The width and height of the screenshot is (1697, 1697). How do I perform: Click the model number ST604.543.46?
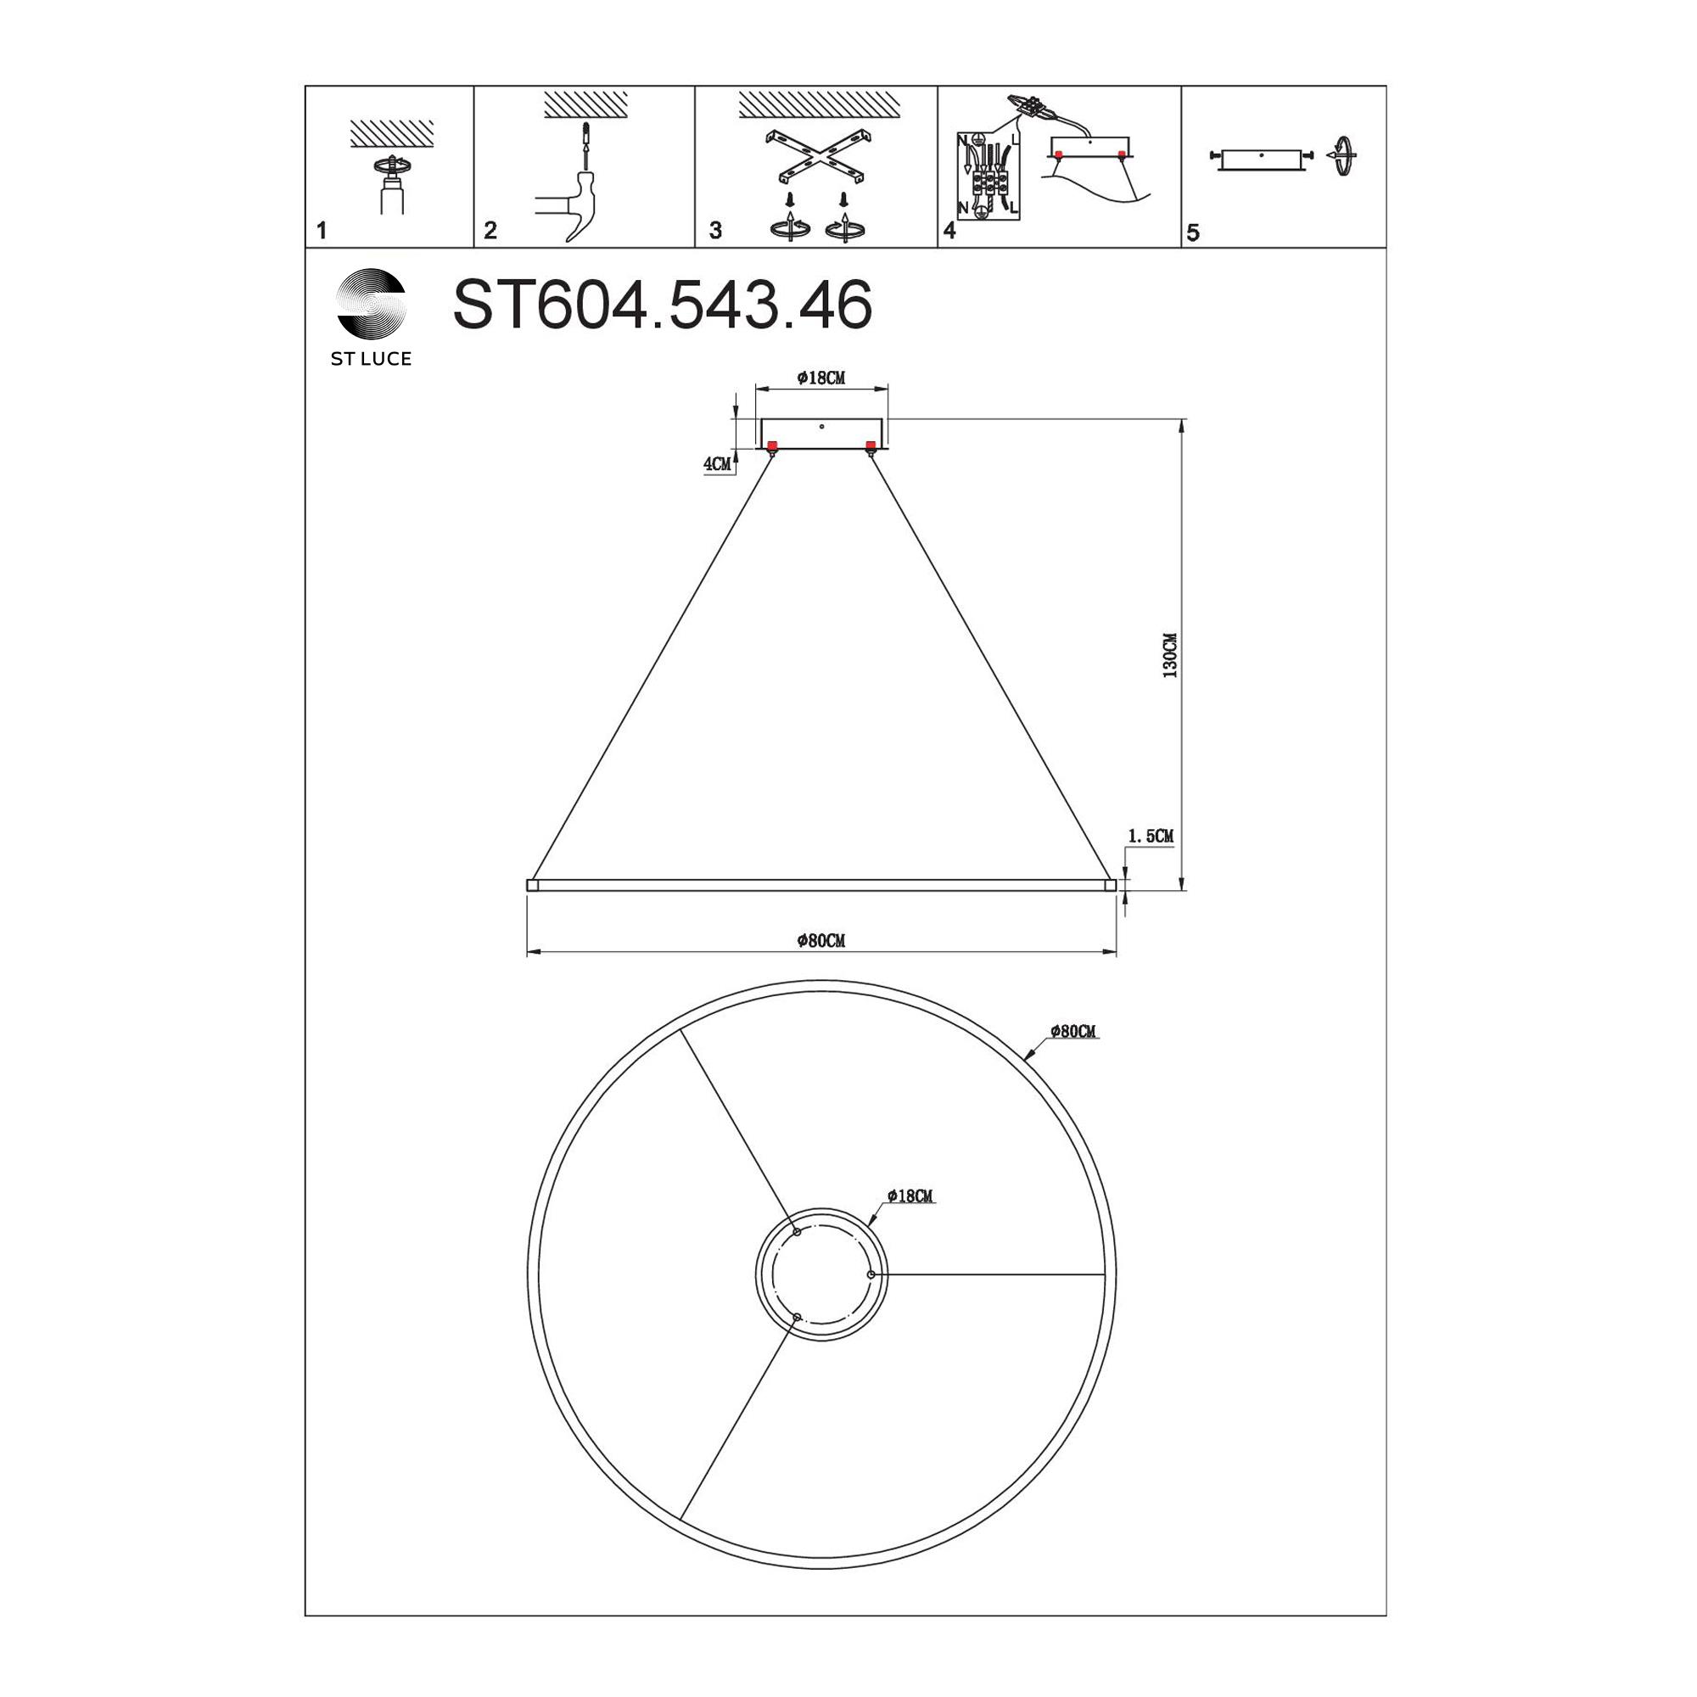[662, 305]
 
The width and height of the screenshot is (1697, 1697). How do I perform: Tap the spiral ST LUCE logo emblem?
[372, 303]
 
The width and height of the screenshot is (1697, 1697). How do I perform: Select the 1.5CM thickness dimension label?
[1150, 837]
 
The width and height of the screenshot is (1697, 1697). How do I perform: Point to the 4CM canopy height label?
[717, 465]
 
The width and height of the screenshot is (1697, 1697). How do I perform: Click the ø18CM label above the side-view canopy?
[820, 378]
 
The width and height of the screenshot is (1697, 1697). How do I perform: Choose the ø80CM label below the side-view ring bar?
[820, 942]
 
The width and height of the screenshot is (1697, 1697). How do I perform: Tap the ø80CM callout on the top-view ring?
[1073, 1031]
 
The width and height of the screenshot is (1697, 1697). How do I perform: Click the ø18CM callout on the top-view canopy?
[909, 1196]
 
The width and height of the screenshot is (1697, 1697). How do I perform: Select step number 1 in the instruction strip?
[322, 231]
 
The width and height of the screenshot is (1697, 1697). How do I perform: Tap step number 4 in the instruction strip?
[949, 231]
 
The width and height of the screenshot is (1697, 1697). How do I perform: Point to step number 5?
[1192, 232]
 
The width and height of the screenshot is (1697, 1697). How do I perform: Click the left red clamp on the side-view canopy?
[771, 445]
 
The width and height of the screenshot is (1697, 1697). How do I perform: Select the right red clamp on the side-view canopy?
[871, 445]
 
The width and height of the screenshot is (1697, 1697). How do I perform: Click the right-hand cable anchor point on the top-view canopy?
[871, 1274]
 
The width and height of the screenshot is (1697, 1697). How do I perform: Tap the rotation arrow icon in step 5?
[1342, 157]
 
